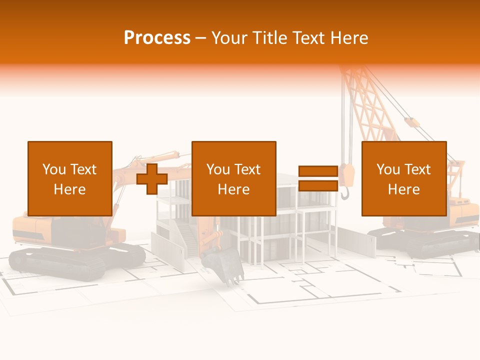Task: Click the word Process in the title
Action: point(157,38)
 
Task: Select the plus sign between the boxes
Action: point(152,179)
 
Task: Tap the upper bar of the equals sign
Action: point(318,171)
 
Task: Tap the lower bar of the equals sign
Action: point(318,186)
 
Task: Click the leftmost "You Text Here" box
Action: point(70,178)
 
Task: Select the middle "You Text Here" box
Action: point(233,178)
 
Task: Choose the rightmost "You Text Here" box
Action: point(403,178)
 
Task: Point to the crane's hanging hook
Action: point(345,193)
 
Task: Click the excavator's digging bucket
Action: point(223,265)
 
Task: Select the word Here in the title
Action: point(350,38)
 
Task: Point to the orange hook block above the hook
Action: point(349,174)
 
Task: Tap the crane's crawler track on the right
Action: point(425,242)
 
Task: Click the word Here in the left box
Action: point(70,189)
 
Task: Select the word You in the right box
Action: point(388,169)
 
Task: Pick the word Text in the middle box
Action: point(246,169)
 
